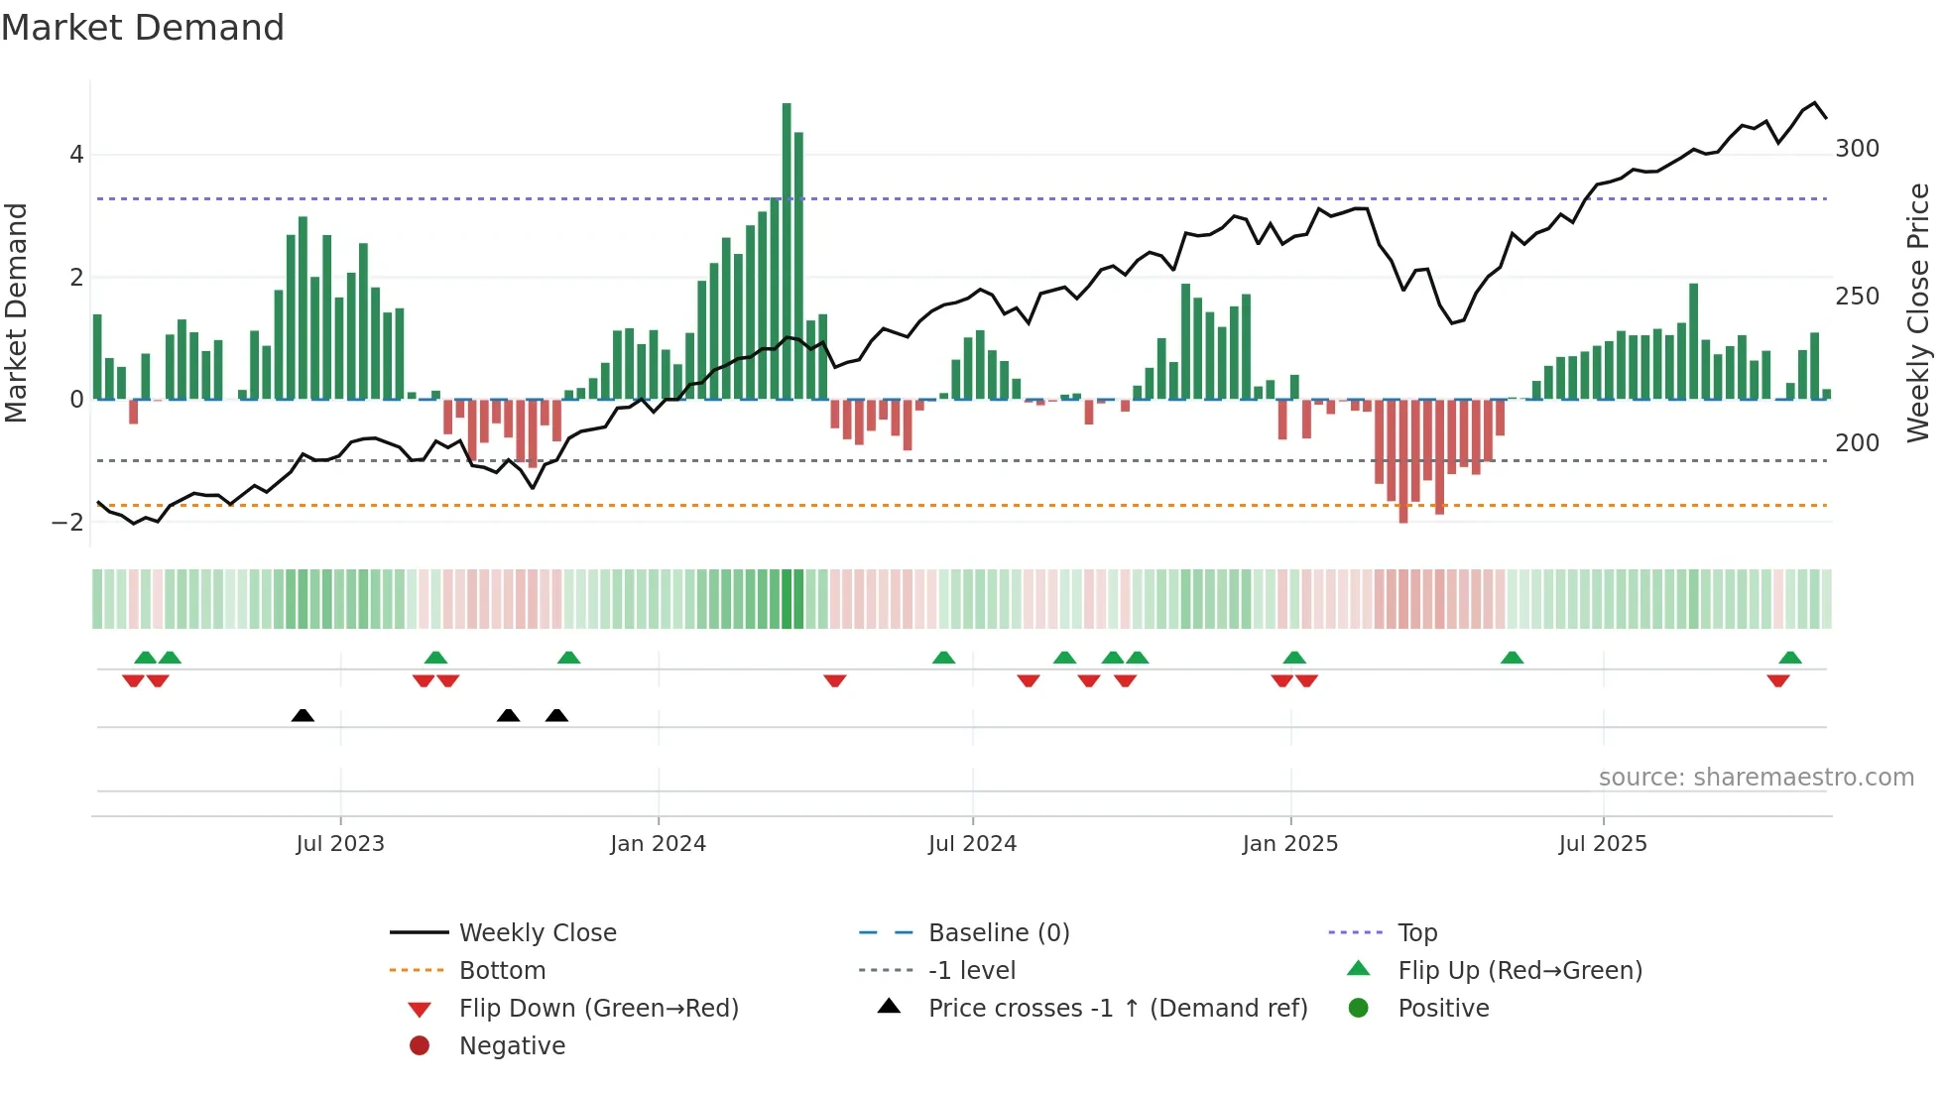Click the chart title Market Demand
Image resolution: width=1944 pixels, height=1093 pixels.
(143, 28)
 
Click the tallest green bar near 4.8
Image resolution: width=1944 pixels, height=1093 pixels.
(787, 248)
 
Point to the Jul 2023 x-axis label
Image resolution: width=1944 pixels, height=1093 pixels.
(340, 844)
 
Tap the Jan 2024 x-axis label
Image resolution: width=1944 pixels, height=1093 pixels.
(658, 844)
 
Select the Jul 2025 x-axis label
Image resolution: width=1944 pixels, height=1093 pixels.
(1603, 844)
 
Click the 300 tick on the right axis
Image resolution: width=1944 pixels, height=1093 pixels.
(1857, 149)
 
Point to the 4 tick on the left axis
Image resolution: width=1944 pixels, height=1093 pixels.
(76, 155)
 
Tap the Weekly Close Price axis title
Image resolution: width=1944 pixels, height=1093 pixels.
(1918, 312)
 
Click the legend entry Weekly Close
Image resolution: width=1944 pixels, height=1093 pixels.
(538, 933)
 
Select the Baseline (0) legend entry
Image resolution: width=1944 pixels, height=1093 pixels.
(999, 933)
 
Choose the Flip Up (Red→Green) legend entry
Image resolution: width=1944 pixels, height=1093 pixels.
(1519, 971)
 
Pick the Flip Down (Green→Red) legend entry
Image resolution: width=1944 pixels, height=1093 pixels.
(598, 1009)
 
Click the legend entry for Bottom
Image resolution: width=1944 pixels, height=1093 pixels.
(502, 971)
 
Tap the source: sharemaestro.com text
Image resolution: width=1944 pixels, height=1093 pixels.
(1756, 778)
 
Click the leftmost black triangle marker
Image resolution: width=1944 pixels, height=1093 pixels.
(303, 716)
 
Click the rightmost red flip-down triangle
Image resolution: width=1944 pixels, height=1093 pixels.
(1777, 680)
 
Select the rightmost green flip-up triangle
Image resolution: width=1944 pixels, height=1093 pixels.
(1790, 658)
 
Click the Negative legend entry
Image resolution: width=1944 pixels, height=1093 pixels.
(512, 1046)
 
